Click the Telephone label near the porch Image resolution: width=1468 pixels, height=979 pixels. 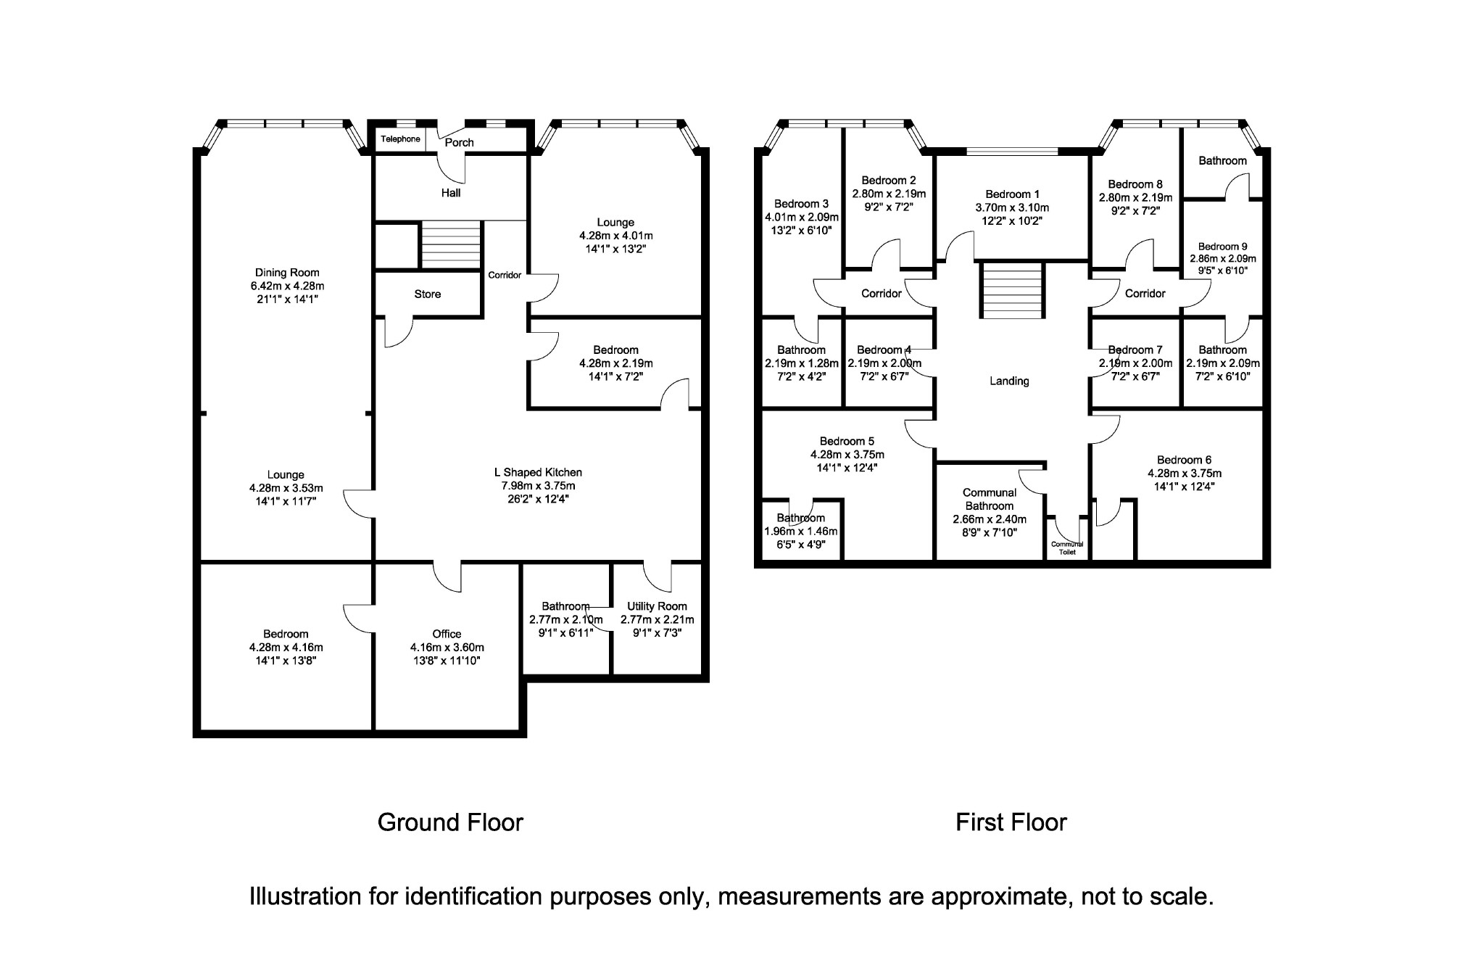coord(400,139)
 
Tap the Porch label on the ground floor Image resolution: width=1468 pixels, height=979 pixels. coord(459,143)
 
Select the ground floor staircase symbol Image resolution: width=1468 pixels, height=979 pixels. coord(451,244)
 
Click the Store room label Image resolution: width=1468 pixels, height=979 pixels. coord(428,294)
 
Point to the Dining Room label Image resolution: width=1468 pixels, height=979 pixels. coord(287,273)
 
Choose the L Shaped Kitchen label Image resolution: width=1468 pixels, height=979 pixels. coord(538,473)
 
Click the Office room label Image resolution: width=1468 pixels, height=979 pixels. coord(447,634)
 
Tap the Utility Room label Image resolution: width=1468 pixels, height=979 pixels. coord(657,606)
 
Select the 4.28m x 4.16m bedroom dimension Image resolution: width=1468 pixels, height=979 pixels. coord(286,648)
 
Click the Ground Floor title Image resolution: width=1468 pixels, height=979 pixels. coord(450,822)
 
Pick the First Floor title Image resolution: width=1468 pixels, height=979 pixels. coord(1011,822)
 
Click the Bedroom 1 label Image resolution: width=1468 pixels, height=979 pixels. coord(1012,194)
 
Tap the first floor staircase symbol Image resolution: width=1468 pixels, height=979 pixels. coord(1013,290)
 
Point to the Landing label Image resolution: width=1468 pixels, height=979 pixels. coord(1009,381)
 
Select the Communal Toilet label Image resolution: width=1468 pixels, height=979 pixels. coord(1067,548)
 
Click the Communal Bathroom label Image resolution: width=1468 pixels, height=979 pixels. coord(990,500)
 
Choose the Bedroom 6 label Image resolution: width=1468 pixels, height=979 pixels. coord(1184,460)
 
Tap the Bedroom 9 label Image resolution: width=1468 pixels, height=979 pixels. coord(1222,247)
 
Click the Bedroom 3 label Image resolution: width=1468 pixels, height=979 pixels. coord(801,204)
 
